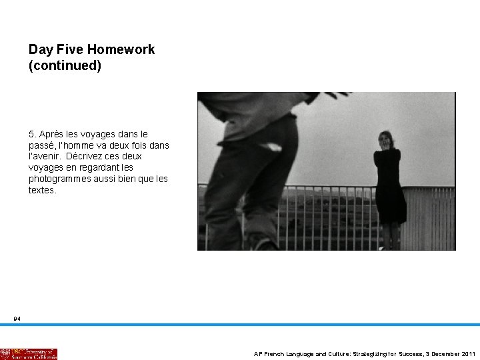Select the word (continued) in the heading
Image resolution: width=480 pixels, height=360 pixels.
coord(65,66)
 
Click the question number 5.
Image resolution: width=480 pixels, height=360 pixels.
coord(31,134)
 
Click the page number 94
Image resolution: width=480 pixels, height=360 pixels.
coord(17,319)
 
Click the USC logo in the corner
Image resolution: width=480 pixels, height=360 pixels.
coord(29,353)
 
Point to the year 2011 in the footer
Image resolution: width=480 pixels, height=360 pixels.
coord(468,354)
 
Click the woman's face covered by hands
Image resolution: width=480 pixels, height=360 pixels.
coord(386,141)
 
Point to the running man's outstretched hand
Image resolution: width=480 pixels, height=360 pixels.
coord(337,95)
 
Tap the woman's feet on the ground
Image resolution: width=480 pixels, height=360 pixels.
coord(389,247)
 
